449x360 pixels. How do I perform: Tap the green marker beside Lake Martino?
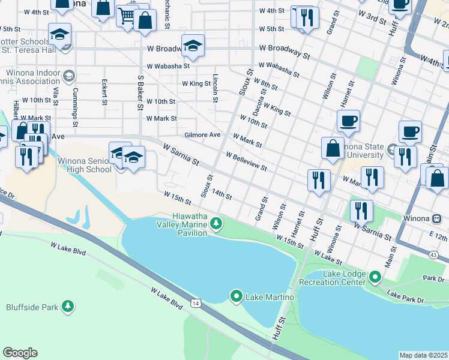pyautogui.click(x=237, y=296)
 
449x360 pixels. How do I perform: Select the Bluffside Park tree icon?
pyautogui.click(x=68, y=307)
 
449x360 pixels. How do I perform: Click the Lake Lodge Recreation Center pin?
pyautogui.click(x=376, y=277)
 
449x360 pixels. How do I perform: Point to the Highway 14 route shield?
pyautogui.click(x=196, y=304)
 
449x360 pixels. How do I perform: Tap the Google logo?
pyautogui.click(x=20, y=353)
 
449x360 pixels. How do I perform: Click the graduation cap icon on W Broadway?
pyautogui.click(x=193, y=46)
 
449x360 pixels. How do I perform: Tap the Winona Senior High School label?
pyautogui.click(x=85, y=165)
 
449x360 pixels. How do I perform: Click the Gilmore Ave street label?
pyautogui.click(x=202, y=135)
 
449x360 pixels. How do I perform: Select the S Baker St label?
pyautogui.click(x=140, y=92)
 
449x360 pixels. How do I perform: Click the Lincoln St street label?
pyautogui.click(x=214, y=88)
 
